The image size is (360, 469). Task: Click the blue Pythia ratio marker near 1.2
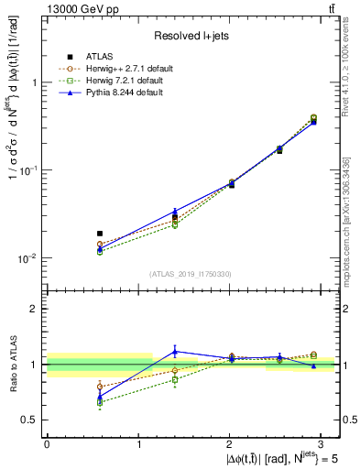[175, 351]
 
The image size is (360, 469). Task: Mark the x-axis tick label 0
[47, 442]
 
